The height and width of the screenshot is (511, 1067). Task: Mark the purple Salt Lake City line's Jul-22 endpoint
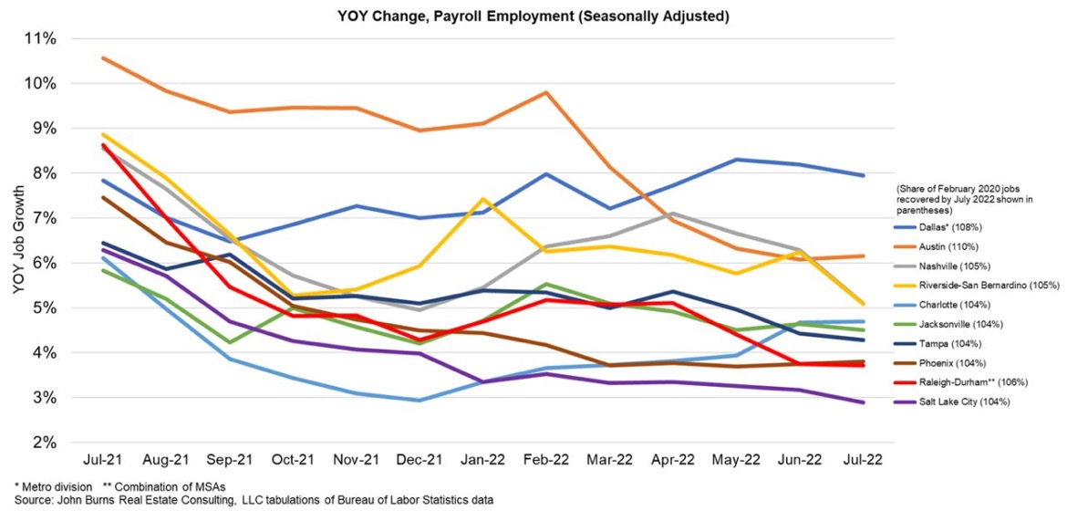pos(864,402)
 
